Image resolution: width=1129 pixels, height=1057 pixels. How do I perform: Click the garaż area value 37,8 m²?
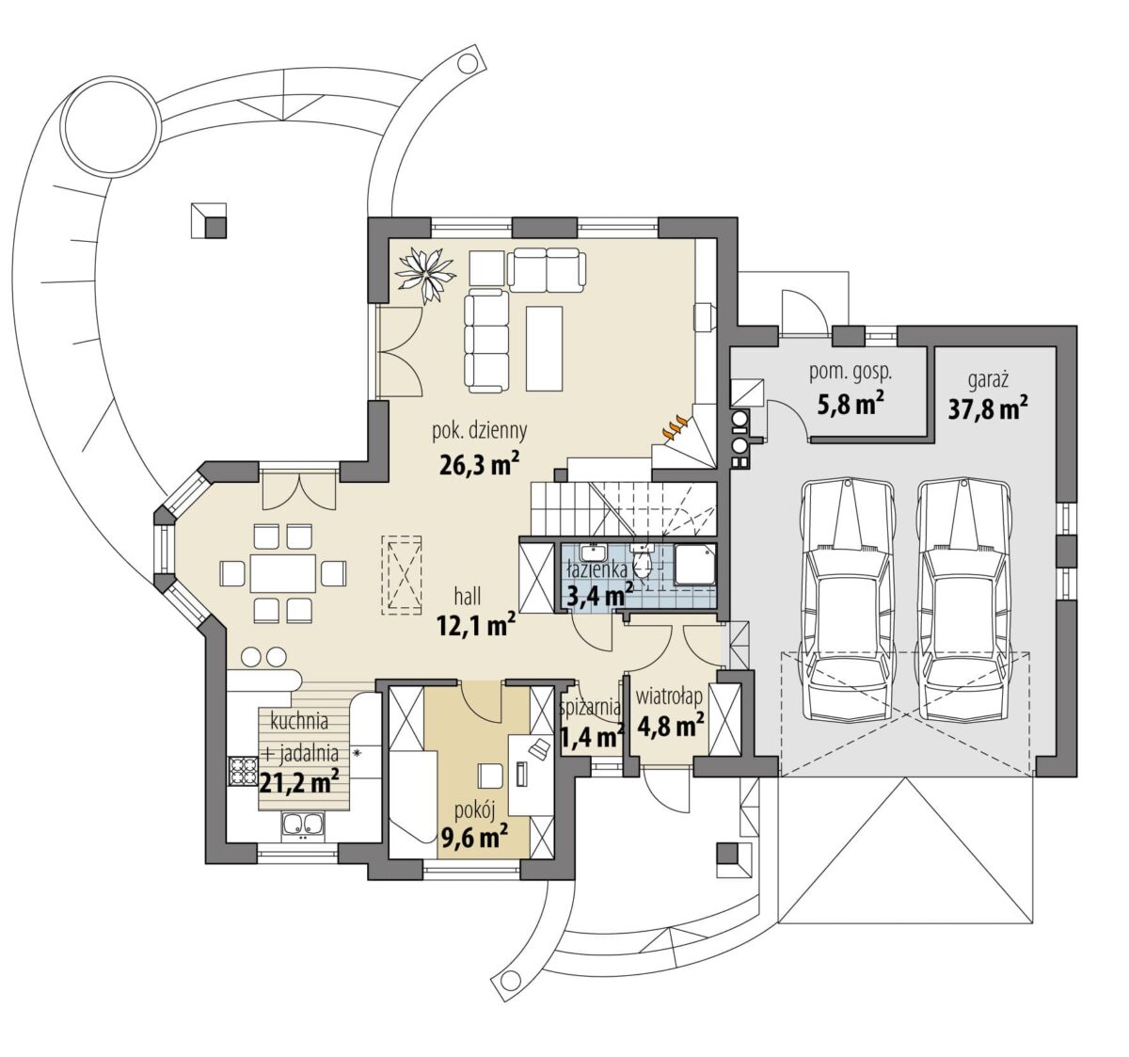click(988, 408)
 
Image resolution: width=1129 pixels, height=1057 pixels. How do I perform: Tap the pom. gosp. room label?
click(851, 373)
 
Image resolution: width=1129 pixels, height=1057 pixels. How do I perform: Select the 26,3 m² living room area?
click(479, 465)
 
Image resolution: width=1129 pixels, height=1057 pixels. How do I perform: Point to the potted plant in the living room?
click(427, 276)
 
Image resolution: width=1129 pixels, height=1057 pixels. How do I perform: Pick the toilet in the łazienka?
click(643, 562)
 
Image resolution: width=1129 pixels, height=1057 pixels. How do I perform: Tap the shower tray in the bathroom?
click(694, 565)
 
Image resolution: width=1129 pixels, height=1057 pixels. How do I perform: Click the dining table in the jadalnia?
click(282, 573)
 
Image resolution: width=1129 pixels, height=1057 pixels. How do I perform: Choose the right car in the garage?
click(964, 608)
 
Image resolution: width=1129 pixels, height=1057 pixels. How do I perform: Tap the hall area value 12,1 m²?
click(476, 626)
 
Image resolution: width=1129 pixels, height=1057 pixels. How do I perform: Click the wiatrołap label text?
click(670, 697)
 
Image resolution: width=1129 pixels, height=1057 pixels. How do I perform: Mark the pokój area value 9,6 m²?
click(474, 837)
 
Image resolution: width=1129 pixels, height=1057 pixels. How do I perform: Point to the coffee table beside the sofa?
click(544, 348)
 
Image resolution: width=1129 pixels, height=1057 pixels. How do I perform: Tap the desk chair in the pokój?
click(490, 776)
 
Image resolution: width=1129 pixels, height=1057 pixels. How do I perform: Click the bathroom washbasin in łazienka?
click(594, 553)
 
